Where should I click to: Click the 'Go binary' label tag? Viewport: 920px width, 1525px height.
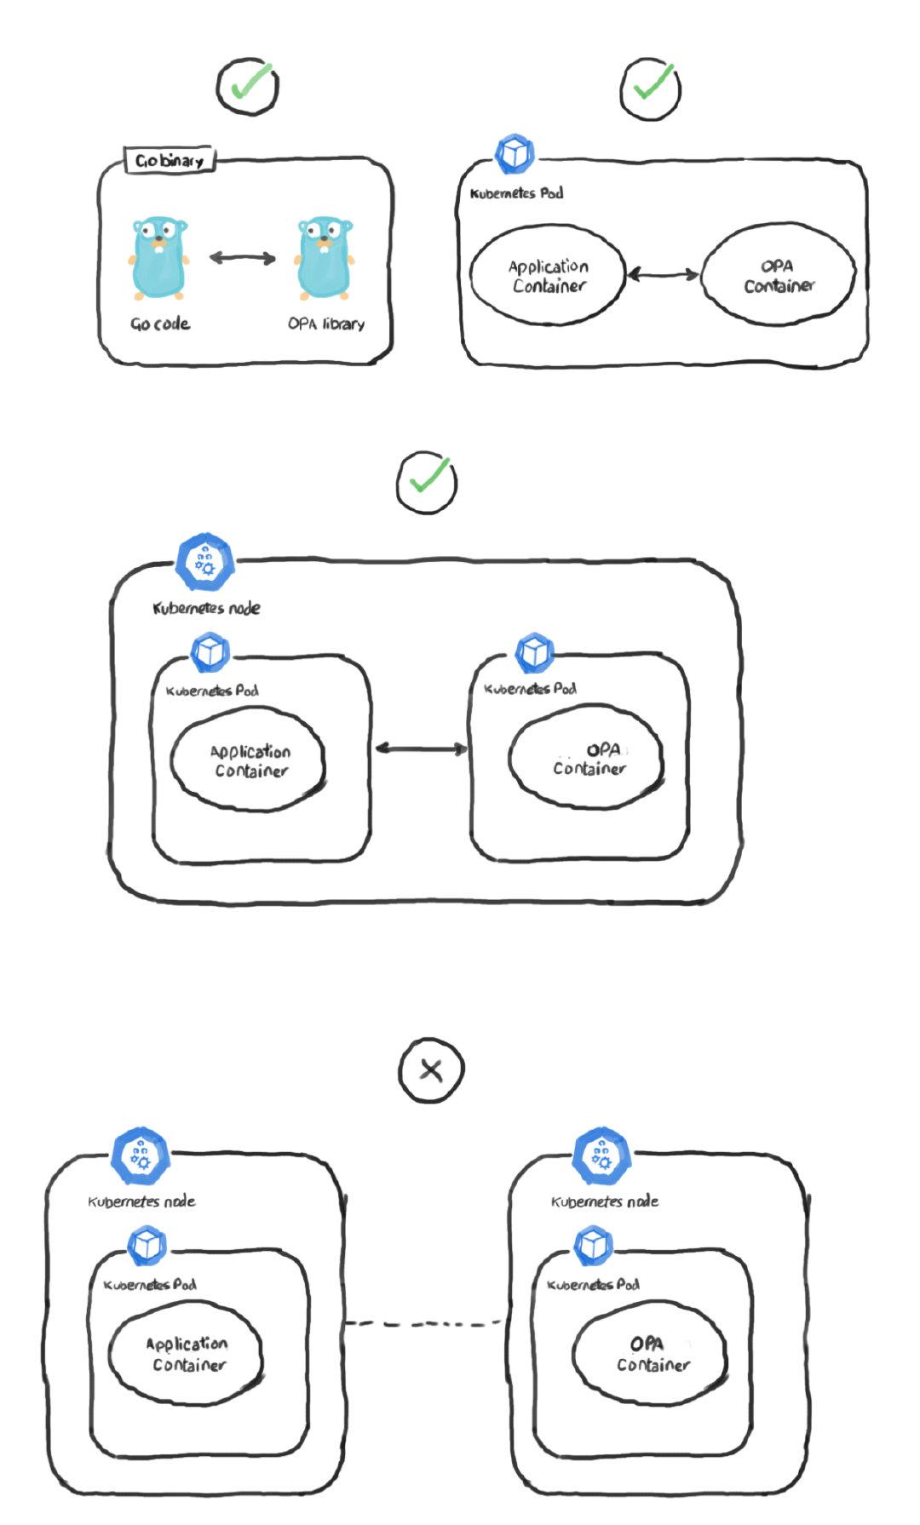(x=170, y=160)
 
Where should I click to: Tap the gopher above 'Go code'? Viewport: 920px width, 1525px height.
(x=158, y=258)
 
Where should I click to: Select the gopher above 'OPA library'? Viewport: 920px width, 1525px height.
(x=324, y=258)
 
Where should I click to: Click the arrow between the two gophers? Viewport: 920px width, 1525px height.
(x=243, y=258)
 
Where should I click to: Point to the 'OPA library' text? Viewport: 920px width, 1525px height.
(x=326, y=324)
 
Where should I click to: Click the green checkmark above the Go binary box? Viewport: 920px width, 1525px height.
(x=248, y=86)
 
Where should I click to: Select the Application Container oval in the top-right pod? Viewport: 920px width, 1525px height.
(x=548, y=276)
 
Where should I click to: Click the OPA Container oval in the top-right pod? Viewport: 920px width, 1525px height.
(x=778, y=276)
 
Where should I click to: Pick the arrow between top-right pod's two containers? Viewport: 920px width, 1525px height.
(x=663, y=274)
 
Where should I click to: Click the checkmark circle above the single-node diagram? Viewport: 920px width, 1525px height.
(x=427, y=481)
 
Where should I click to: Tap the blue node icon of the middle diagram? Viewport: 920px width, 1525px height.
(x=204, y=563)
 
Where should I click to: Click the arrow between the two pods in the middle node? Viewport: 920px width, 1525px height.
(x=421, y=748)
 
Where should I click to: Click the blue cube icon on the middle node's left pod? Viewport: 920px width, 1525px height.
(x=210, y=653)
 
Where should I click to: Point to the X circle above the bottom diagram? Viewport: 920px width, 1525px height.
(x=431, y=1070)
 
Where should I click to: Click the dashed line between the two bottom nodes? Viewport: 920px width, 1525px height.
(x=424, y=1323)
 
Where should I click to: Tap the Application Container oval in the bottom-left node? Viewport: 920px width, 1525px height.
(x=186, y=1353)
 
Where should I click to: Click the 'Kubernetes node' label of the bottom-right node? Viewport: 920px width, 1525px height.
(x=605, y=1201)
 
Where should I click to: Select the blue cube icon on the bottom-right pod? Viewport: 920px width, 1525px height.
(x=593, y=1246)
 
